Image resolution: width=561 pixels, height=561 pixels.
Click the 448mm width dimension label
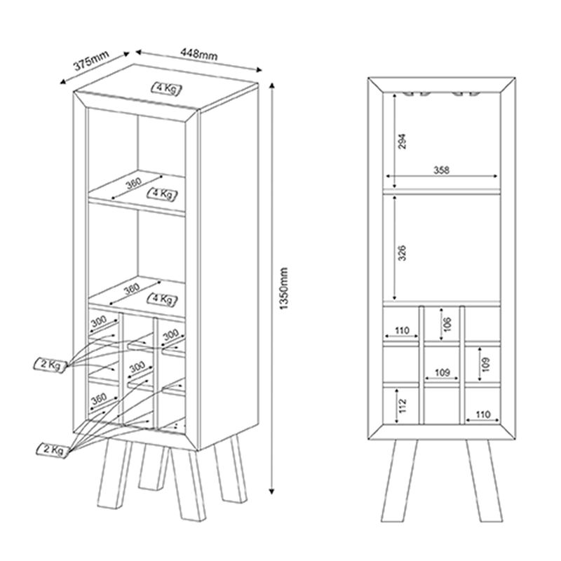pos(199,55)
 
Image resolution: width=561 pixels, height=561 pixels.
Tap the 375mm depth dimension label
pos(91,61)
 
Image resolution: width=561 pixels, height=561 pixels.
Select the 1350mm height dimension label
pos(283,288)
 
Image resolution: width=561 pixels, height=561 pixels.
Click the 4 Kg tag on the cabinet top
pos(166,88)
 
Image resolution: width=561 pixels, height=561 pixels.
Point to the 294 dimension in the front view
pos(402,141)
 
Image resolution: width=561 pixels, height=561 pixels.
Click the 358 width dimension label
pos(442,170)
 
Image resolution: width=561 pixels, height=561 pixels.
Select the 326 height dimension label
pos(402,253)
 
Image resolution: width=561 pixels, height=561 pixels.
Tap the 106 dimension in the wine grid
pos(447,324)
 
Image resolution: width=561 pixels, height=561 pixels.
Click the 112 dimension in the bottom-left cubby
pos(403,406)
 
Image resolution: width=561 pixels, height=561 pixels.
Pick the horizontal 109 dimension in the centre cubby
pos(442,372)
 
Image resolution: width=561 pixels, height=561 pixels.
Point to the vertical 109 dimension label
pos(485,365)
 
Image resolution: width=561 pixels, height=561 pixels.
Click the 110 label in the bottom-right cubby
pos(482,414)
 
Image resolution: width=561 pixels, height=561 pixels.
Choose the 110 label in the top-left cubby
pos(402,330)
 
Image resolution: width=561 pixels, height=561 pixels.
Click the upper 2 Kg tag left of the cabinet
pos(50,365)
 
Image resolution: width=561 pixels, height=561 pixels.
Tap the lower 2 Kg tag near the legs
pos(52,449)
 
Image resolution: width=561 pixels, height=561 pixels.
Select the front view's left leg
pos(400,480)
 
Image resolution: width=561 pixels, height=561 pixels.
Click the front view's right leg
pos(485,480)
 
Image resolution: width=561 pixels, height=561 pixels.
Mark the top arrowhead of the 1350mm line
pos(271,86)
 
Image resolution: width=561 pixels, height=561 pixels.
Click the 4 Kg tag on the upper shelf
pos(163,194)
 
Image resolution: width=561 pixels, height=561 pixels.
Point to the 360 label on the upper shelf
pos(134,184)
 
